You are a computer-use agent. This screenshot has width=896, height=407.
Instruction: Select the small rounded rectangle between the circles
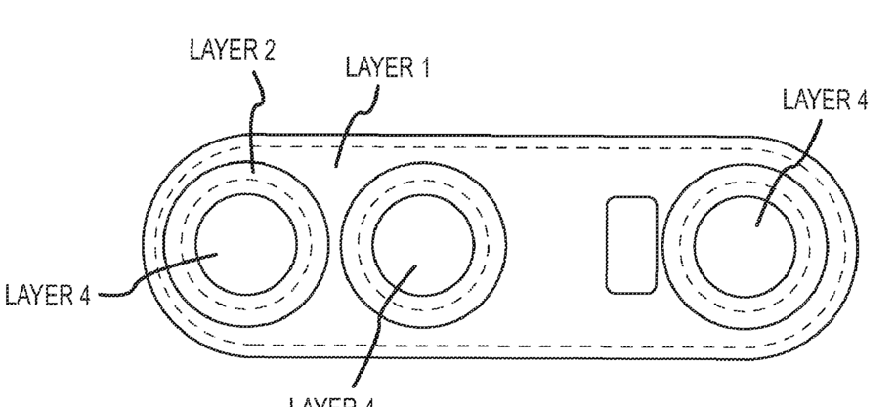click(630, 245)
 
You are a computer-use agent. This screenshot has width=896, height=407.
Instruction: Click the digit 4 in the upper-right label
click(861, 100)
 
